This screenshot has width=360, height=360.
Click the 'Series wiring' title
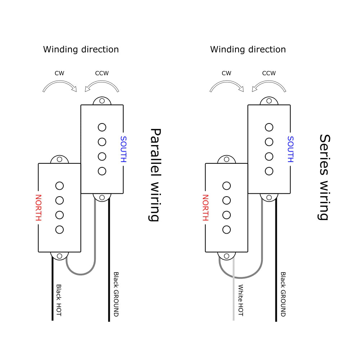[324, 177]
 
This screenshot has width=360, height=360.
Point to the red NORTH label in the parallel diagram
[38, 208]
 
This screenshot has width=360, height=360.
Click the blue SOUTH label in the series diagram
[290, 149]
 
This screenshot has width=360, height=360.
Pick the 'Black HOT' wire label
[59, 300]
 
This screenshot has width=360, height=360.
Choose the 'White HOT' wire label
[241, 300]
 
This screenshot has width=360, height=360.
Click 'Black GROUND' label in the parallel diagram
[116, 294]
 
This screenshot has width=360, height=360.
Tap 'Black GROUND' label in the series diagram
[283, 294]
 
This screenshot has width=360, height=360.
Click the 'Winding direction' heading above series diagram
[248, 49]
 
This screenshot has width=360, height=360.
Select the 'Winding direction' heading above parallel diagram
[81, 49]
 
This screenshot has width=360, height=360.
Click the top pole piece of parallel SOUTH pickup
[102, 127]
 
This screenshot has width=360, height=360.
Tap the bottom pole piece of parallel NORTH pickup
[59, 229]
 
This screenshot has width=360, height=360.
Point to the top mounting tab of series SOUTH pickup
[269, 101]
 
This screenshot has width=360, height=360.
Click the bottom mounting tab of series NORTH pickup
[226, 256]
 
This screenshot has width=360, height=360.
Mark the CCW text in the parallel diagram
[102, 73]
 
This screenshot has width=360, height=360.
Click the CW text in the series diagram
[226, 73]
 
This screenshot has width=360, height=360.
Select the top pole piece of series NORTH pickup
[226, 186]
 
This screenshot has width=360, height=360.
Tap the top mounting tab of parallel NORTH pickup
[59, 159]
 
